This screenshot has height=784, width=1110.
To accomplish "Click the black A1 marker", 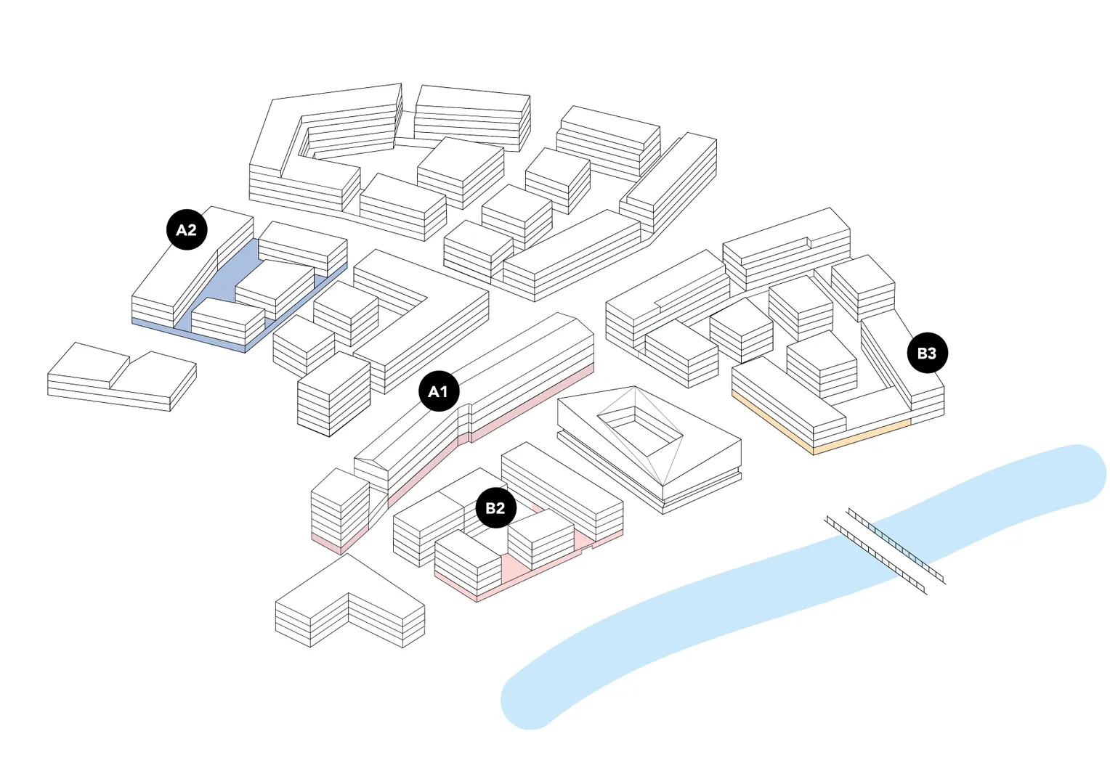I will point(439,391).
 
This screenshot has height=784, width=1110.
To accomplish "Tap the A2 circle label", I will point(187,230).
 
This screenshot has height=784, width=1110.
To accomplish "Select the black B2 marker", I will point(495,508).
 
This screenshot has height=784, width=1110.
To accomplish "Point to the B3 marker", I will point(927,354).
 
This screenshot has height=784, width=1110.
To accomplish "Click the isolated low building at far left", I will point(120,377).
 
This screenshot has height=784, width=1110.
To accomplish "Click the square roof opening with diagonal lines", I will point(639,428).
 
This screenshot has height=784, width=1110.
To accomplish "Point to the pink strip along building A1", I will point(509,414).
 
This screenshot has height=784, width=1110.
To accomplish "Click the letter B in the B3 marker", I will point(922,354).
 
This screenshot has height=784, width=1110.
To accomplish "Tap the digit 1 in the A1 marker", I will point(444,391).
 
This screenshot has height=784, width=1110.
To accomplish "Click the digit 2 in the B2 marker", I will point(501,508).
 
